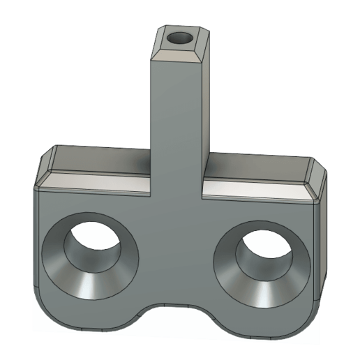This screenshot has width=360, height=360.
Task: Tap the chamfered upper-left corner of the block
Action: [x=45, y=165]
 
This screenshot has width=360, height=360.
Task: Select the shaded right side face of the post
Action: [x=206, y=105]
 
